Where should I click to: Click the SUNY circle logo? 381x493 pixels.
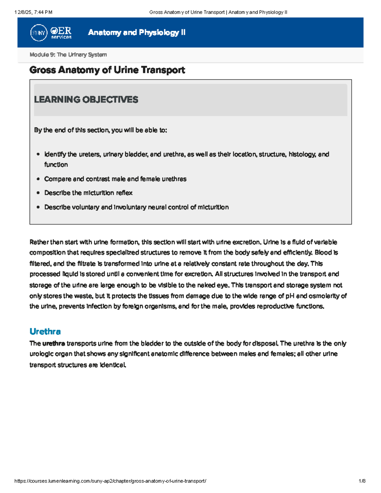pos(39,33)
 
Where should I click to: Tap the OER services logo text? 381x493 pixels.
pos(61,33)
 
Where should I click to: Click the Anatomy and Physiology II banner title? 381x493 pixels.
pos(137,32)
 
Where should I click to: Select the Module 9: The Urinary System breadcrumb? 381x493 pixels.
pos(68,55)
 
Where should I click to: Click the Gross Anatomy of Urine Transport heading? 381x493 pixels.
pos(107,70)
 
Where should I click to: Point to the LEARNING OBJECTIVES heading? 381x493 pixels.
pos(86,100)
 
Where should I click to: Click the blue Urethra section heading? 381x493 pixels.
pos(45,331)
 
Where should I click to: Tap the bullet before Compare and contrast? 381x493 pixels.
pos(38,179)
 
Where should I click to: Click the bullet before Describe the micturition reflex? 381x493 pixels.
pos(38,193)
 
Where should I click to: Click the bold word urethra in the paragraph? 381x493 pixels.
pos(54,343)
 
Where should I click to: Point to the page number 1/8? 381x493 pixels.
pos(362,481)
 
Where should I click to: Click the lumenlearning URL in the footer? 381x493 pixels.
pos(110,481)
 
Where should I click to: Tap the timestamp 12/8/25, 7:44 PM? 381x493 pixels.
pos(33,12)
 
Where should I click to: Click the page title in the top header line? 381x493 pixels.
pos(218,12)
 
